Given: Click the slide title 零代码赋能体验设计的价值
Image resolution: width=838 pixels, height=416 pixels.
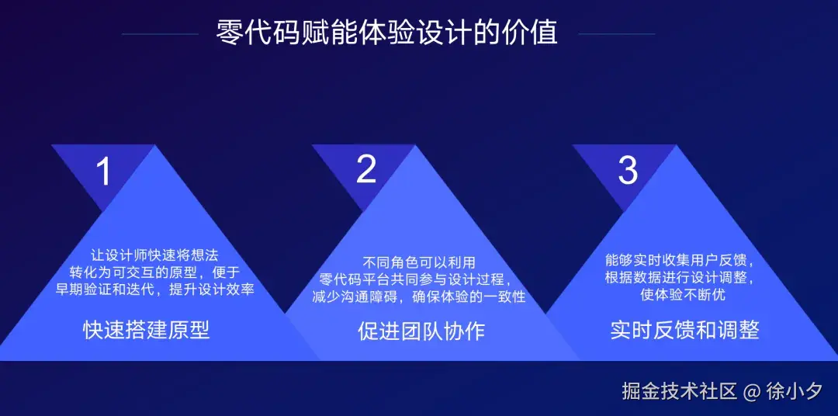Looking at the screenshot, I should click(387, 33).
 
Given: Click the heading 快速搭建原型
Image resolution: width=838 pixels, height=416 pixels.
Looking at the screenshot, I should click(147, 331).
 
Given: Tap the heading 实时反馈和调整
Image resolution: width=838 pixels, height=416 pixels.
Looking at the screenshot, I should click(684, 330).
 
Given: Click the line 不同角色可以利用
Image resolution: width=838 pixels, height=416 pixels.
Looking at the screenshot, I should click(419, 262).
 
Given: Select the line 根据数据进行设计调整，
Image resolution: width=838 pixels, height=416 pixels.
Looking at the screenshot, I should click(680, 277).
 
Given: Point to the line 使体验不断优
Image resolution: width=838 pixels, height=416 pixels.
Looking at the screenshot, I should click(684, 295).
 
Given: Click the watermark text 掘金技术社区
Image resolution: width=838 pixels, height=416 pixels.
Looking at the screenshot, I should click(679, 391).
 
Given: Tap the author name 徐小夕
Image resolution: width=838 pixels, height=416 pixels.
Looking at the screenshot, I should click(794, 391).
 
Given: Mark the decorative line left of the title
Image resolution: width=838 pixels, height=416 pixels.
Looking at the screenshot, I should click(161, 34).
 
